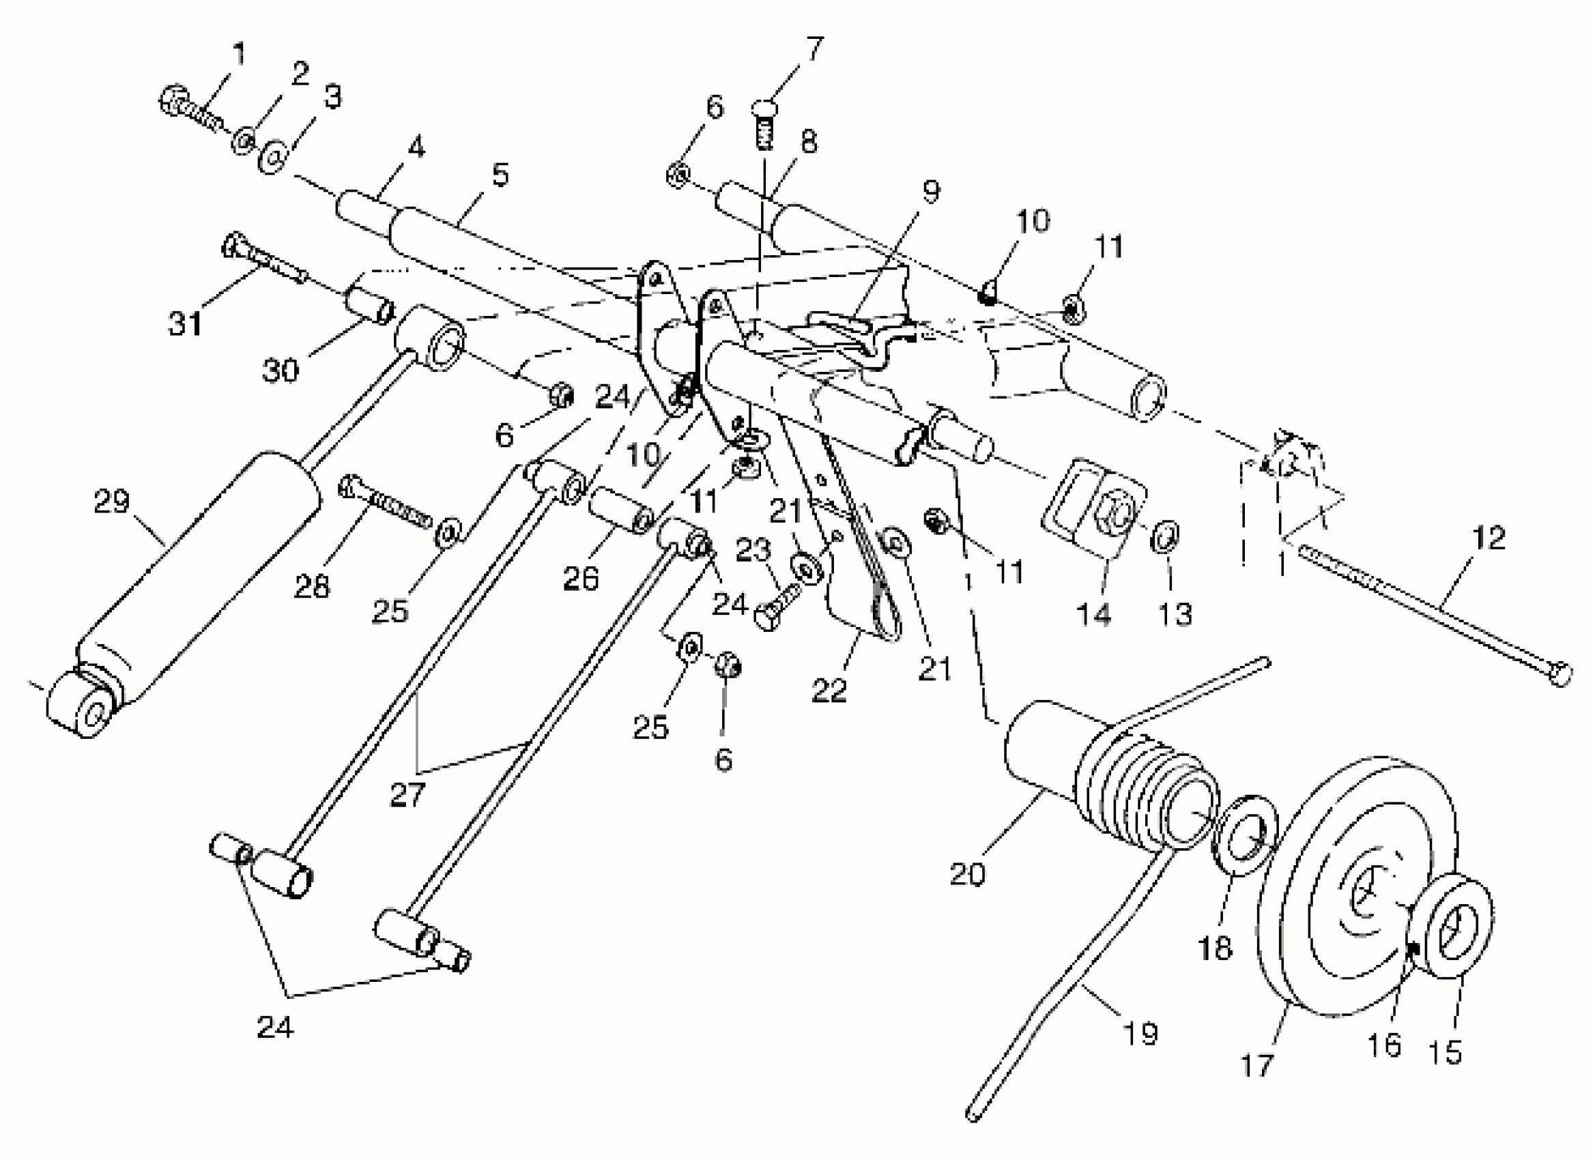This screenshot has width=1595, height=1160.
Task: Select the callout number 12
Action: tap(1488, 538)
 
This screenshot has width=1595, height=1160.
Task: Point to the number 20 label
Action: tap(968, 874)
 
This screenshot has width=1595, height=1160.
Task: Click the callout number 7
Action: tap(814, 48)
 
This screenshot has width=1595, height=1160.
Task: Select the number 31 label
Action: tap(185, 324)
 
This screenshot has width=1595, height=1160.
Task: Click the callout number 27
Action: tap(408, 795)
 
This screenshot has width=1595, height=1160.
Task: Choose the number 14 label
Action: tap(1093, 613)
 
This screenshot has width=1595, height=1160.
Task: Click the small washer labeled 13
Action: tap(1165, 538)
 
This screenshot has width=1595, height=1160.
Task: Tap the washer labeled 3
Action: tap(273, 157)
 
